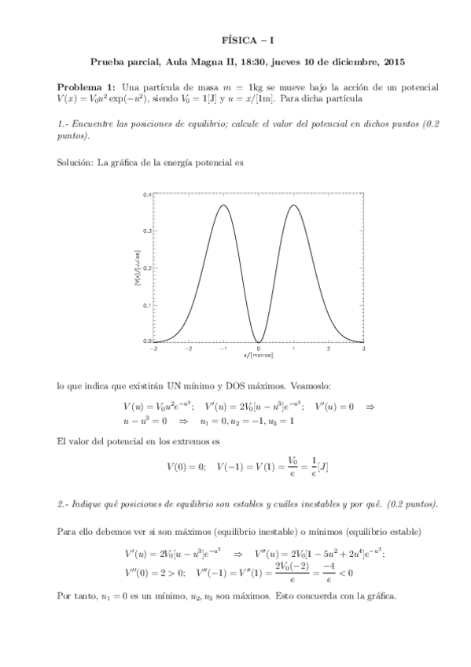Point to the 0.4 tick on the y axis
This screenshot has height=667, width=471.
click(147, 193)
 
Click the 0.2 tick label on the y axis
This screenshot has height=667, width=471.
click(147, 267)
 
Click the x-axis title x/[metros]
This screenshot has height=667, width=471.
click(259, 356)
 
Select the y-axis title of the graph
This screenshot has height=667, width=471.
click(137, 268)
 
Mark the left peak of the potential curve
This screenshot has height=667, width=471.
click(224, 205)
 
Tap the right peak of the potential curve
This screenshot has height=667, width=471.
click(293, 205)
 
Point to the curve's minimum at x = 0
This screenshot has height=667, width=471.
click(259, 341)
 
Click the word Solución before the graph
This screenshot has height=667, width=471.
click(75, 163)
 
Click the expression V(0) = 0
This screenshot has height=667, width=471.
click(186, 466)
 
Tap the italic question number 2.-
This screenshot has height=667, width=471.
click(64, 503)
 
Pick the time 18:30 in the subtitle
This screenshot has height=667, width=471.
click(235, 61)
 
